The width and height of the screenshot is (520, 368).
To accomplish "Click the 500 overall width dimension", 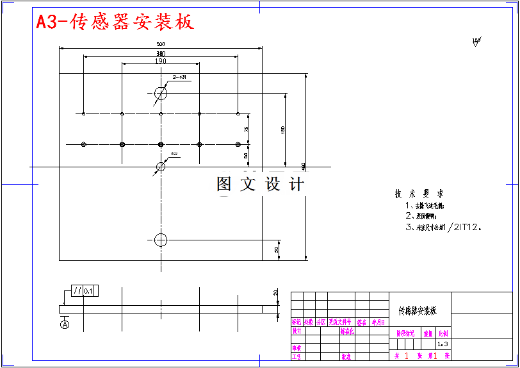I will tap(160, 44).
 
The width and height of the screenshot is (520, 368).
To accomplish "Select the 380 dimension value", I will tap(160, 53).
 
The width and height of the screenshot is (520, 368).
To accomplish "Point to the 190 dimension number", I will tap(160, 61).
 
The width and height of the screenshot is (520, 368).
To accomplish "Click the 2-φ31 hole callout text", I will tap(179, 77).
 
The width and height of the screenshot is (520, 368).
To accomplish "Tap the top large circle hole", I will tap(160, 94).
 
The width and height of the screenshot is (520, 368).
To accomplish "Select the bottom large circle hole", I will tap(160, 240).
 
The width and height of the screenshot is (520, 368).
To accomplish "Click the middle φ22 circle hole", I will tap(160, 167).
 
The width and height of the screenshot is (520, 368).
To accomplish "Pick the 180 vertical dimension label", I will tap(282, 130).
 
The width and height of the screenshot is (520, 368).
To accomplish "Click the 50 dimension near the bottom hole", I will tap(277, 249).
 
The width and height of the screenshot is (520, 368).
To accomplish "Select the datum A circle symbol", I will tap(65, 325).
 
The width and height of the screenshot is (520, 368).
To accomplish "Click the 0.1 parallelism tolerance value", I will tap(88, 291).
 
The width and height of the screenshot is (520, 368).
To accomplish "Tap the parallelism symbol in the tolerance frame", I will tap(77, 291).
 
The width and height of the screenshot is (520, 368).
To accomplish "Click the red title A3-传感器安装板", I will tap(115, 22).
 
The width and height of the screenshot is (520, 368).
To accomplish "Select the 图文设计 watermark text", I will tap(260, 185).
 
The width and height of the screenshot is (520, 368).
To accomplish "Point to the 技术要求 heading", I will tap(419, 194).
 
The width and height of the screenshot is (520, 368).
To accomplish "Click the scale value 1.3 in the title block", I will tap(443, 344).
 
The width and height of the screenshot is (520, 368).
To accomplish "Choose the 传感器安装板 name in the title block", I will tap(418, 311).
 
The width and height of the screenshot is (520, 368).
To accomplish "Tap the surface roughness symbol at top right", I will tap(476, 42).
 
